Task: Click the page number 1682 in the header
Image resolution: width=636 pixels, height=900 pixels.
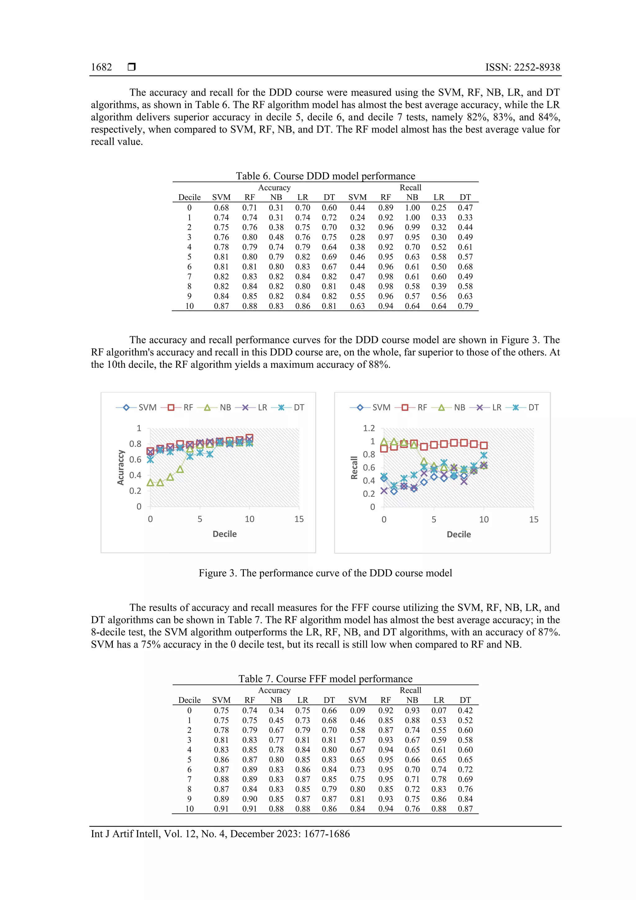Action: [101, 67]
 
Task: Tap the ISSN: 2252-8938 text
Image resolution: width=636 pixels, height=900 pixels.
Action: [522, 67]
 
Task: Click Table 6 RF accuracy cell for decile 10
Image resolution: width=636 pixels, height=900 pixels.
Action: [249, 306]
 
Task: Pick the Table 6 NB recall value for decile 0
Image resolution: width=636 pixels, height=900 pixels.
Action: [412, 208]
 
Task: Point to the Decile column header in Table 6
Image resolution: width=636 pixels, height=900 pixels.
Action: [189, 197]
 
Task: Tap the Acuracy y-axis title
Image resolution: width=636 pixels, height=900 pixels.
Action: [121, 467]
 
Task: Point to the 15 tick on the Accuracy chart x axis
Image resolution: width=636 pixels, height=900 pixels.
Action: [299, 519]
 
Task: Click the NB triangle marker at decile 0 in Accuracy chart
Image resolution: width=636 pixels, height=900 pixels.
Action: [150, 482]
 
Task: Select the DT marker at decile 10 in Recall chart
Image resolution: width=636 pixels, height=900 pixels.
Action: [484, 455]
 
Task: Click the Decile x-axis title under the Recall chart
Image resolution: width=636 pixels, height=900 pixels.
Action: [458, 534]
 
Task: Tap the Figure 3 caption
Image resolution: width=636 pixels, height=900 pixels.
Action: [325, 573]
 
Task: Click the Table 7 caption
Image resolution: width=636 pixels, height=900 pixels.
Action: [325, 678]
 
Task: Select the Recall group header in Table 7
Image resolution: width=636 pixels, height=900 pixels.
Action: [410, 690]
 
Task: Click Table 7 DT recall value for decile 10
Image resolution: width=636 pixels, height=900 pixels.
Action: [465, 809]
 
